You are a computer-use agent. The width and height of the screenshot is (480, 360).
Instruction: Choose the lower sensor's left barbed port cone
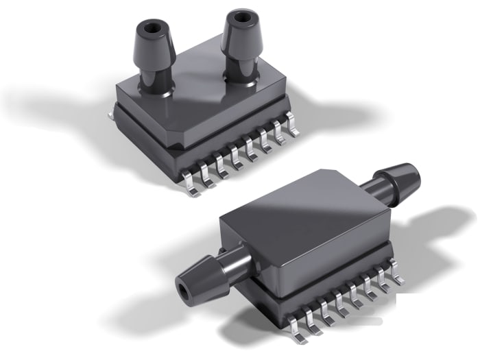coord(199,274)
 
